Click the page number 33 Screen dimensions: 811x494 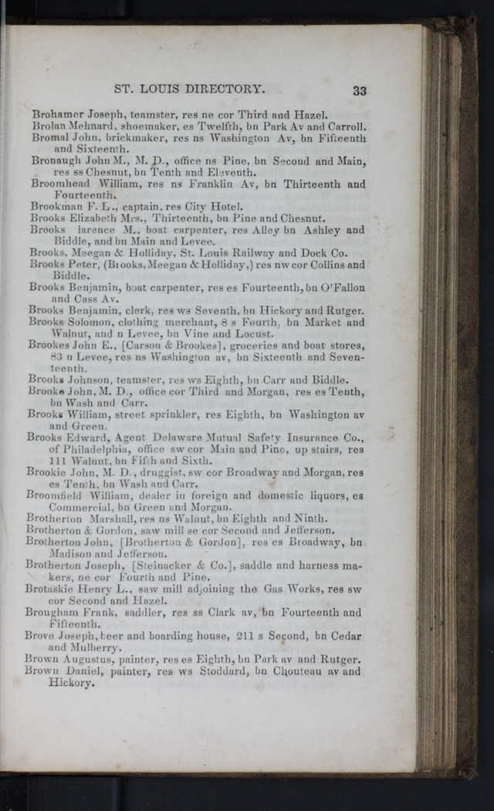pos(359,90)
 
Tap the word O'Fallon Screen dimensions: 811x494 pos(340,288)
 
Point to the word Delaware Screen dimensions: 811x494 pos(185,438)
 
